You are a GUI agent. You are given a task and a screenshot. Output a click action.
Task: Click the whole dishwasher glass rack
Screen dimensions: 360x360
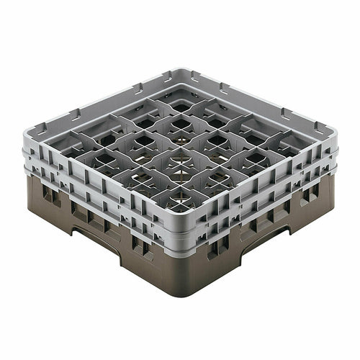[180, 180]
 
